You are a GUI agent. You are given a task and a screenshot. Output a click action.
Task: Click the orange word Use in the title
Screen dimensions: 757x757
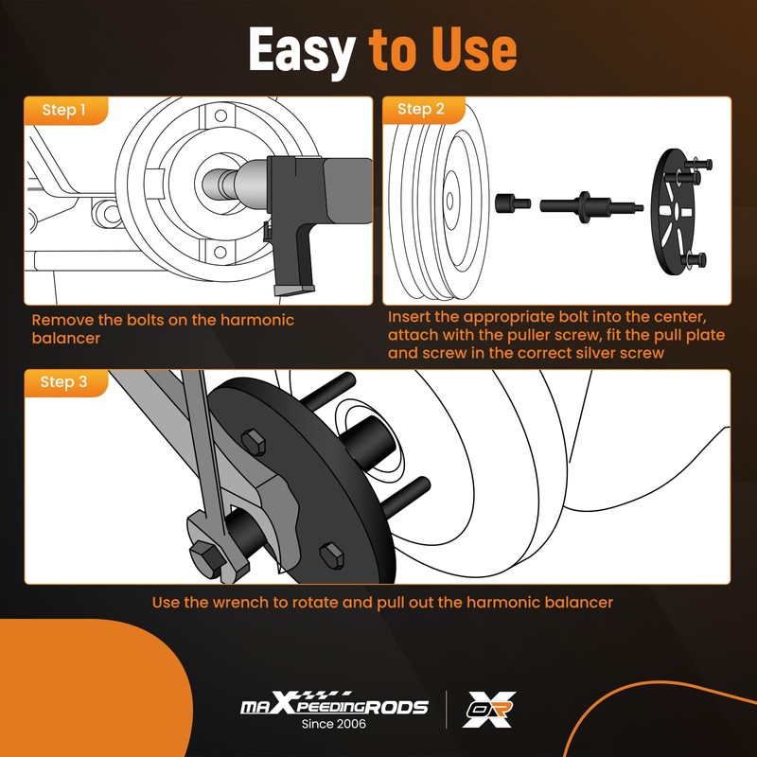(470, 49)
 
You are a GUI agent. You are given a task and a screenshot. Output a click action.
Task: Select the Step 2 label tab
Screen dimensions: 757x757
(421, 109)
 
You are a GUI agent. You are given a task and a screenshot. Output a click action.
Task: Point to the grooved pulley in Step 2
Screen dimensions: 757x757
(440, 203)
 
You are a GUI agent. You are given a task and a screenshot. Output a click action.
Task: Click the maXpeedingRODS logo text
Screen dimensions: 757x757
(333, 706)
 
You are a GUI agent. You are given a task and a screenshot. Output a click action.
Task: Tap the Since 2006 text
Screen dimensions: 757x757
(333, 725)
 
